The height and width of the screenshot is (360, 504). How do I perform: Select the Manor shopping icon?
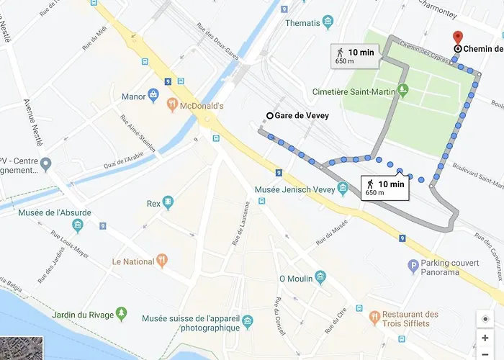coord(153,96)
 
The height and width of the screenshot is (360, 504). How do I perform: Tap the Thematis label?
coord(303,23)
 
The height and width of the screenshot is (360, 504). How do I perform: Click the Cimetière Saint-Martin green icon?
coord(403,91)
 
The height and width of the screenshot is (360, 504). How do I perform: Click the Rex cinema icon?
coord(168,203)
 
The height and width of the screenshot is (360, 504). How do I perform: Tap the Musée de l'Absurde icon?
coord(78,225)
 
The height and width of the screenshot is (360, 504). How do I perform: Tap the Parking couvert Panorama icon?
coord(413,267)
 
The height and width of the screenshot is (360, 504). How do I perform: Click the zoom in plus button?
coord(485,338)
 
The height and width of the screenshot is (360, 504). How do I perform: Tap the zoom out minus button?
coord(485,354)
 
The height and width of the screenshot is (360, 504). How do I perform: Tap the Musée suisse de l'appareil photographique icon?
coord(248,319)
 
